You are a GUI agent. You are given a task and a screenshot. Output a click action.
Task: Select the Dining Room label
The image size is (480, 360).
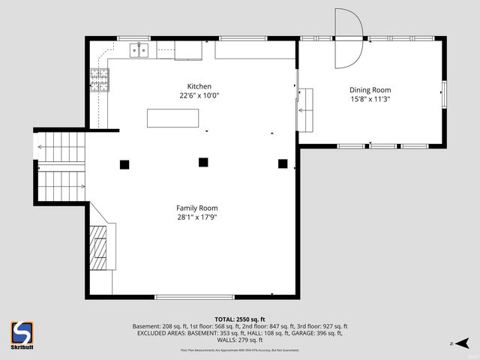pyautogui.click(x=370, y=89)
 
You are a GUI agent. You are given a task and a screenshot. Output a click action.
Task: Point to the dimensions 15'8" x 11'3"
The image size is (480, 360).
pyautogui.click(x=370, y=98)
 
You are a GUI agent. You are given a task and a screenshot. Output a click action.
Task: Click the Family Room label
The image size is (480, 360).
pyautogui.click(x=197, y=208)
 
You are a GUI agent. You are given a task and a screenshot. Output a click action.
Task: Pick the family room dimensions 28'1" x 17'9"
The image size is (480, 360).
pyautogui.click(x=197, y=217)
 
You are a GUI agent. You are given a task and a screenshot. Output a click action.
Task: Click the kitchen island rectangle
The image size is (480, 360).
pyautogui.click(x=173, y=118)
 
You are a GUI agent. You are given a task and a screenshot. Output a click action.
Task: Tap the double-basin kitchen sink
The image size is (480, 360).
pyautogui.click(x=139, y=50)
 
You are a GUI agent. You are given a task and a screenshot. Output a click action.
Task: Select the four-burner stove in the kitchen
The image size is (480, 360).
pyautogui.click(x=99, y=79)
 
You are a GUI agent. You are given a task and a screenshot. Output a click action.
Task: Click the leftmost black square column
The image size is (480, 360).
pyautogui.click(x=124, y=163)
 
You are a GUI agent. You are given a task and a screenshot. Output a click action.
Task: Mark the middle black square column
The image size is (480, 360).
pyautogui.click(x=202, y=161)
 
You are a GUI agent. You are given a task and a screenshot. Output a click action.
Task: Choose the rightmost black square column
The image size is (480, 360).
pyautogui.click(x=283, y=163)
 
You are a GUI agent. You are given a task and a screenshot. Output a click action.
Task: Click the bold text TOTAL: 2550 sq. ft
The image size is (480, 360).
pyautogui.click(x=240, y=319)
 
